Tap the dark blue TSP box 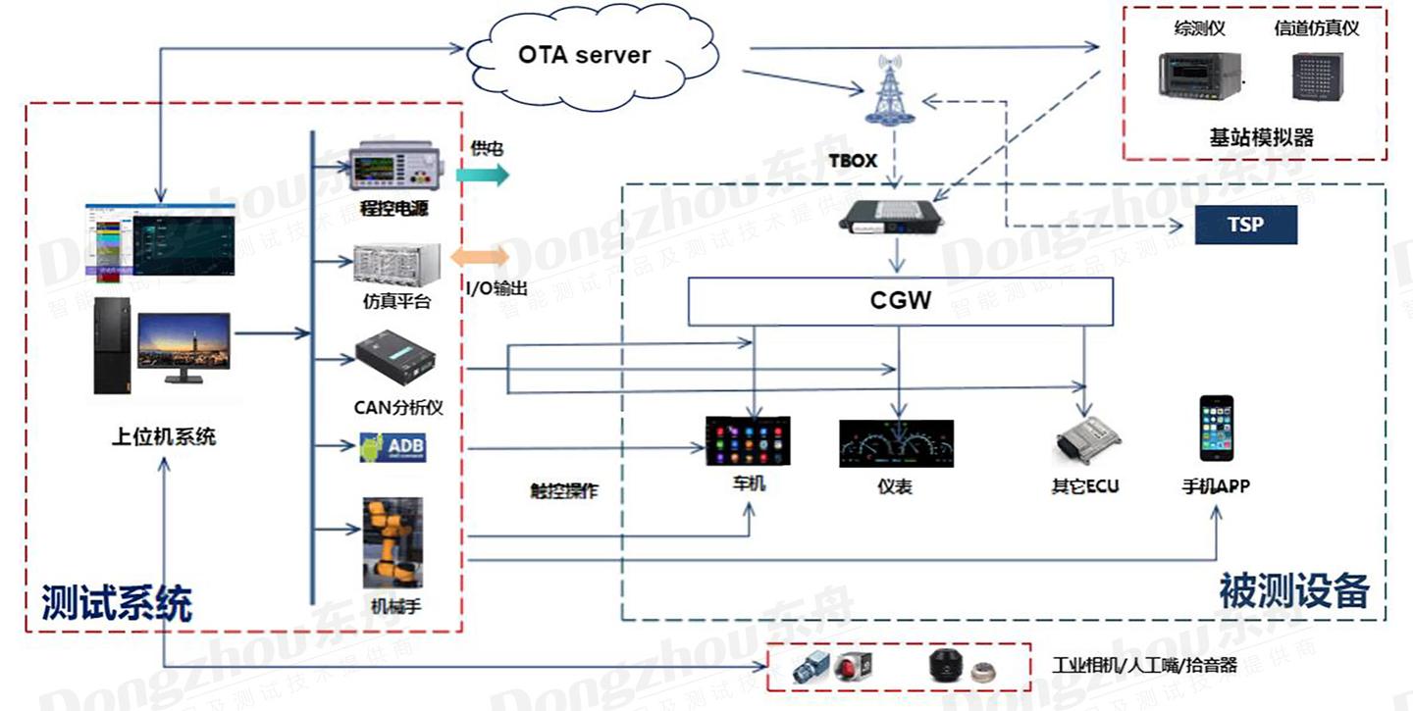click(1245, 225)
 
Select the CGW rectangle click(900, 300)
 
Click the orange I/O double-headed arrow click(480, 257)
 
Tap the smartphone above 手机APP click(1216, 429)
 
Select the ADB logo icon click(393, 447)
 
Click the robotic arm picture click(392, 544)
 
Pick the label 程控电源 click(394, 209)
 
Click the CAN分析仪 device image click(395, 362)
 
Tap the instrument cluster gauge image click(896, 443)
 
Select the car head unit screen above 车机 click(748, 440)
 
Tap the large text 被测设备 click(1293, 590)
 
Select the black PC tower click(113, 346)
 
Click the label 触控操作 click(557, 492)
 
